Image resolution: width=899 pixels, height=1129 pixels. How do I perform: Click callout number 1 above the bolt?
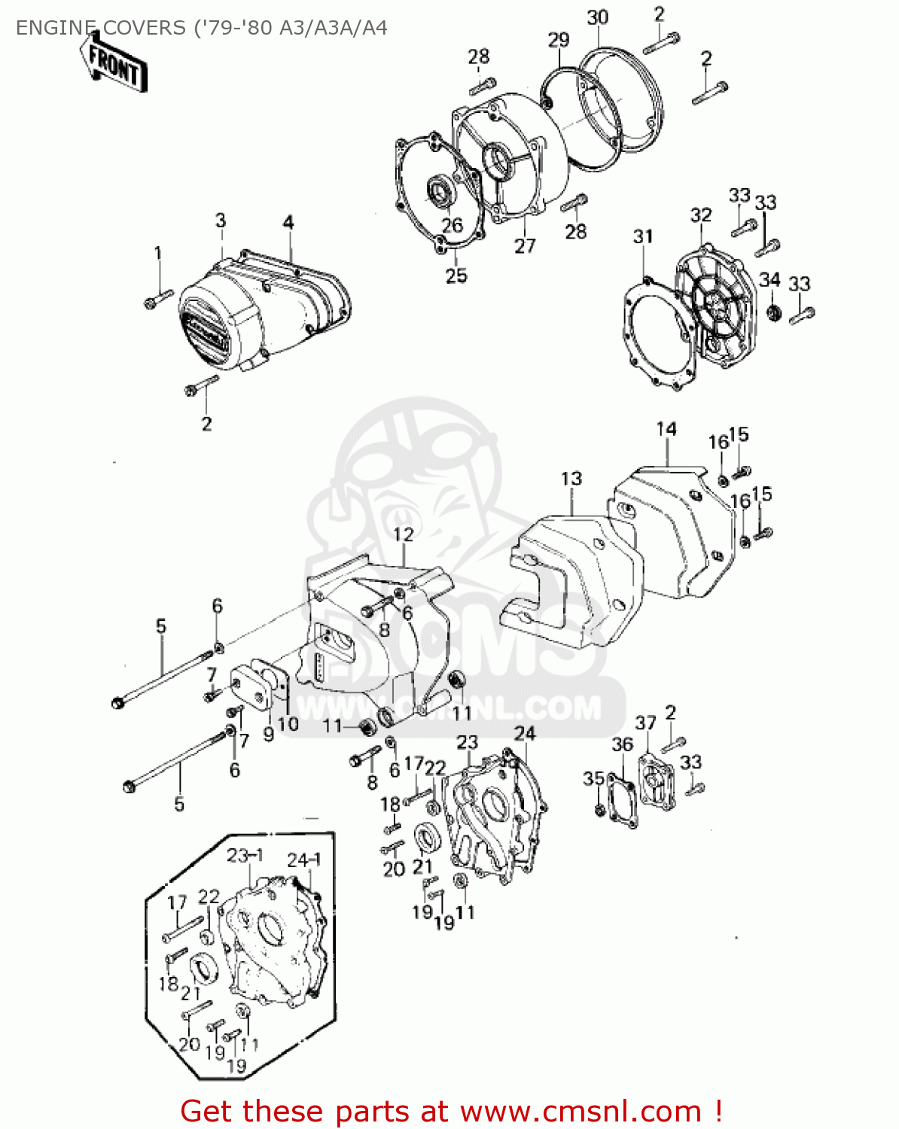(158, 253)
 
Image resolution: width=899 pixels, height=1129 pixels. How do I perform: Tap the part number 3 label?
(221, 221)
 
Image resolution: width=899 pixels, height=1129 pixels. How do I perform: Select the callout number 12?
(404, 534)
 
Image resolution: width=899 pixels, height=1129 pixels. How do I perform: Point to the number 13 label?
(571, 479)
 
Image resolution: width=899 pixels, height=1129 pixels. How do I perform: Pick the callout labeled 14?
(666, 429)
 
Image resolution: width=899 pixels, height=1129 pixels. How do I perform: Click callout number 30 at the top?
(597, 17)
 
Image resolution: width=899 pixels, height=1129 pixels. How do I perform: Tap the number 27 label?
(525, 246)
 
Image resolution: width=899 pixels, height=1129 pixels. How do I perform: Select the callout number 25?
(456, 275)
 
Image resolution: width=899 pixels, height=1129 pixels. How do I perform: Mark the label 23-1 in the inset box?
(245, 856)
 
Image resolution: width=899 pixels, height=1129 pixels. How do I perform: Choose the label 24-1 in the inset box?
(304, 860)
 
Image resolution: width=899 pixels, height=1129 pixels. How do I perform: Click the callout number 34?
(769, 280)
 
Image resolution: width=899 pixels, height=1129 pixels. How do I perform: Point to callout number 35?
(593, 778)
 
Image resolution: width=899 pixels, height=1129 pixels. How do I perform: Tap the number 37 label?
(645, 723)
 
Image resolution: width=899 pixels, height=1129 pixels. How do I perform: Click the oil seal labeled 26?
(439, 191)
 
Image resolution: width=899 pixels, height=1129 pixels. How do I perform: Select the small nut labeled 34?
(773, 312)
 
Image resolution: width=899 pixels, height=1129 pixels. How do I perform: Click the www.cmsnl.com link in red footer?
(581, 1111)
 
